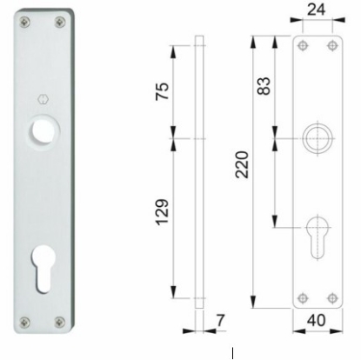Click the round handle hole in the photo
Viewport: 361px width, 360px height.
[40, 130]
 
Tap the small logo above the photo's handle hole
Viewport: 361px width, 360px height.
[40, 98]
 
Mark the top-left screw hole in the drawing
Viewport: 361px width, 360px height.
[302, 45]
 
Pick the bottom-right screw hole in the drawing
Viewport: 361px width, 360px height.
[329, 297]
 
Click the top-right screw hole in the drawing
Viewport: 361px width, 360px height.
[329, 45]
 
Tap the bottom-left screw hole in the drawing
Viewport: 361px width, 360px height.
[302, 297]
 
